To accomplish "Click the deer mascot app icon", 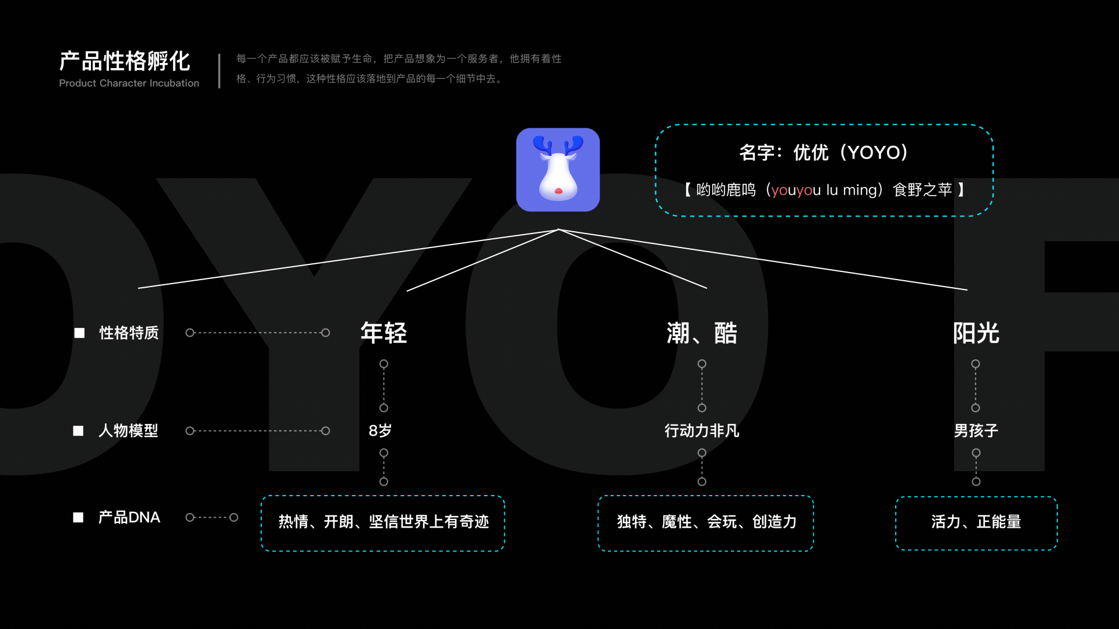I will [558, 169].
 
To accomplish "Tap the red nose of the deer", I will [558, 191].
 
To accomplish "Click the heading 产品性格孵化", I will [125, 61].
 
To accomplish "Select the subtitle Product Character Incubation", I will [129, 83].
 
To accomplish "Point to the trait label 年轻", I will [383, 333].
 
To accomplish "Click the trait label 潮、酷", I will [702, 333].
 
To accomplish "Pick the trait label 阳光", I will [976, 333].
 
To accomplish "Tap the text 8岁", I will [380, 430].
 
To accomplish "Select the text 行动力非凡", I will [702, 430].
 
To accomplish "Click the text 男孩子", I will [976, 430].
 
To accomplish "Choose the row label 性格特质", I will [129, 333].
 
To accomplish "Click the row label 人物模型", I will [128, 430].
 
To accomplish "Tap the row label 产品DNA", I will [129, 517].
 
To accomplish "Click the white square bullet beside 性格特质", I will [79, 333].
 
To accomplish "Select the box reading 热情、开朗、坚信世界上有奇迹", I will [383, 522].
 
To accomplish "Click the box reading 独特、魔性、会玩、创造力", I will [706, 522].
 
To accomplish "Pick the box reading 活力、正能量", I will [976, 522].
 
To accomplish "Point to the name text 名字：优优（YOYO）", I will [824, 153].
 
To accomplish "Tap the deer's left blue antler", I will [543, 145].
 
